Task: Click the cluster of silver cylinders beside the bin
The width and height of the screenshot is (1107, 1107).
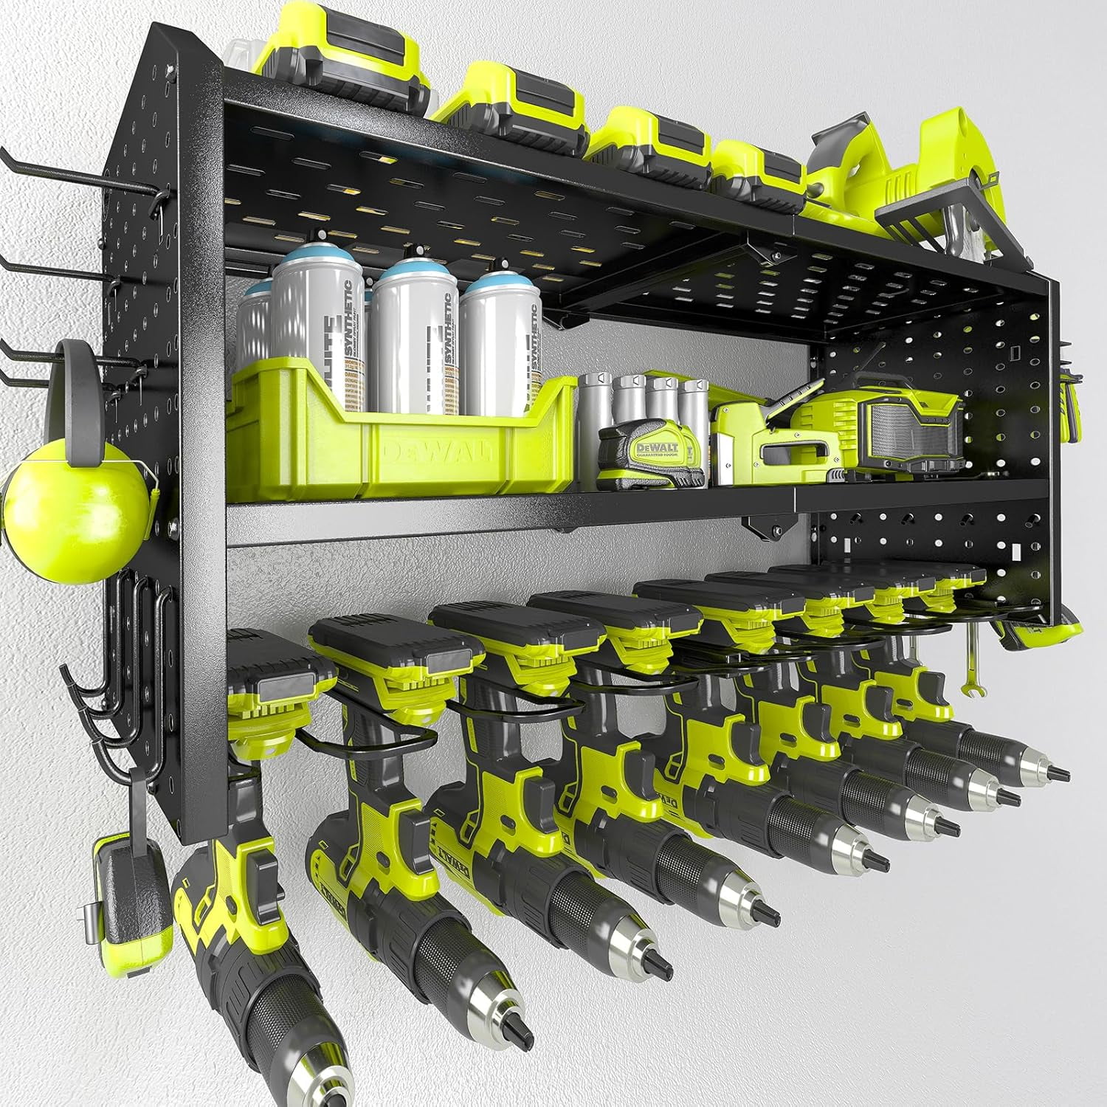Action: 642,402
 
